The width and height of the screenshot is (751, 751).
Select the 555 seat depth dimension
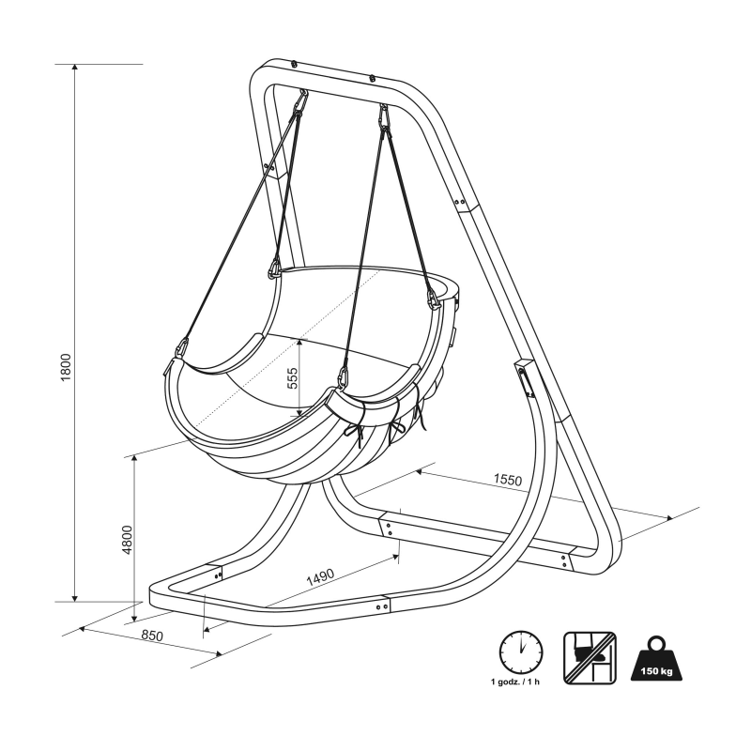(x=292, y=378)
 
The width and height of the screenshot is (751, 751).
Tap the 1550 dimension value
(x=507, y=480)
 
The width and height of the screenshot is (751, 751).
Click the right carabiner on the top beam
(x=383, y=116)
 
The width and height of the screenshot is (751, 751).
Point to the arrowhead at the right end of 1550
(x=668, y=517)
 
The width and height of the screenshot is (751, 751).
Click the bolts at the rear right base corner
(x=564, y=560)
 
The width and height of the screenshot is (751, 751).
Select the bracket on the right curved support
(x=522, y=379)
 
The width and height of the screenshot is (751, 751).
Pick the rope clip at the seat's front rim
(x=345, y=378)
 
